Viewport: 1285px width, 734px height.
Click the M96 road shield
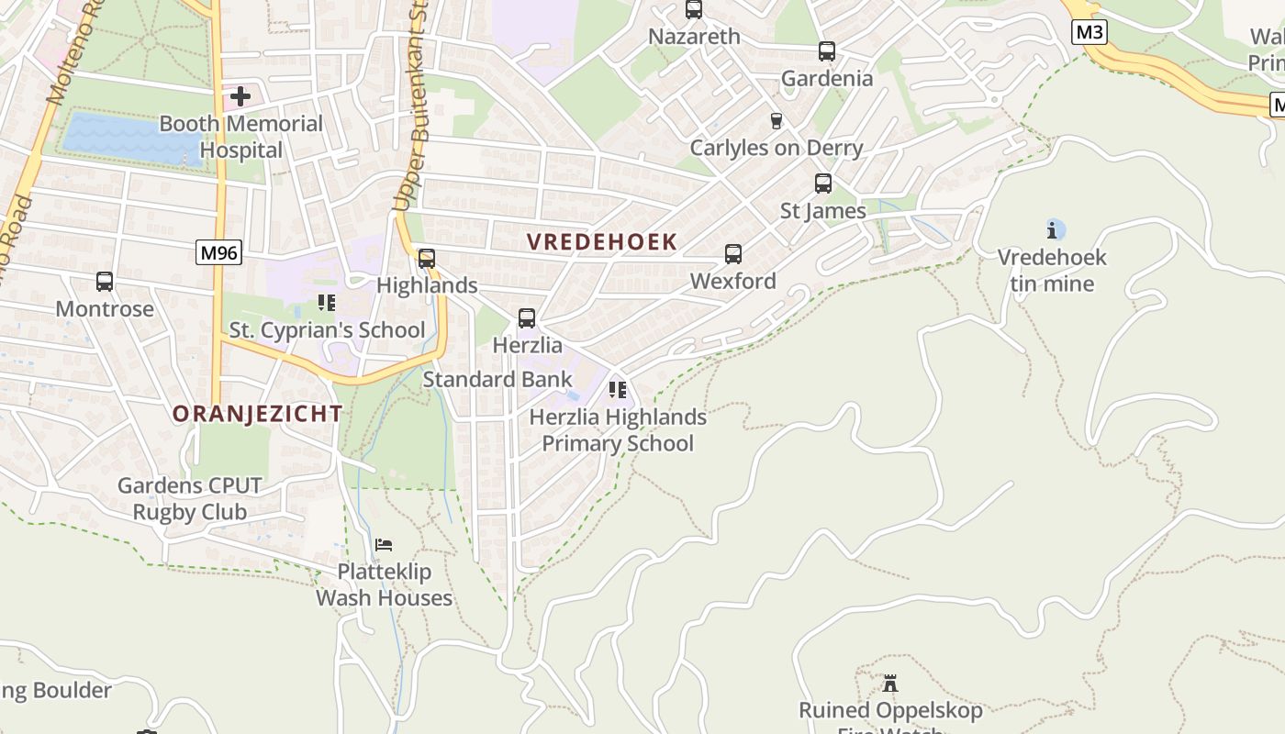[x=218, y=252]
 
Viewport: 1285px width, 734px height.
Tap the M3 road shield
[x=1089, y=33]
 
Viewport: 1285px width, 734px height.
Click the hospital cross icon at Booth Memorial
[x=240, y=96]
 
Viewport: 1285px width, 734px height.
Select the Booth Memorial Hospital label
[x=241, y=137]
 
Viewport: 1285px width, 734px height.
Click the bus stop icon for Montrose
[x=105, y=282]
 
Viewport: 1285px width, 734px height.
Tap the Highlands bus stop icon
[x=427, y=259]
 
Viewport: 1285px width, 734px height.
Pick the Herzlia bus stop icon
[x=527, y=318]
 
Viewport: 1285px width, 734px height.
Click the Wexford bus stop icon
[x=733, y=254]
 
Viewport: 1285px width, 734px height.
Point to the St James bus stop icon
[x=823, y=183]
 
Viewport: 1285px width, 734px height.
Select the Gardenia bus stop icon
[x=827, y=51]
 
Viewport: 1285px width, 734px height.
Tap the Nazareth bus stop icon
[x=694, y=10]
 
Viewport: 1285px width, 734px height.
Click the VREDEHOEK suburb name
[x=602, y=242]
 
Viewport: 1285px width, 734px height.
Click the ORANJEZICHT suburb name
[x=258, y=414]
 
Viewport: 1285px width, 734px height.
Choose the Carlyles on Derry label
[x=777, y=148]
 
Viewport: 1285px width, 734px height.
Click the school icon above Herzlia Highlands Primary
[x=618, y=390]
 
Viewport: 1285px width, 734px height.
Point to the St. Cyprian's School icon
[x=326, y=302]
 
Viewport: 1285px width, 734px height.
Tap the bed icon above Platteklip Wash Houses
[x=384, y=545]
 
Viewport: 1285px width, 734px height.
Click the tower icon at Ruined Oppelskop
[x=889, y=684]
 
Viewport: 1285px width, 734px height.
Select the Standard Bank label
[x=497, y=379]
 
